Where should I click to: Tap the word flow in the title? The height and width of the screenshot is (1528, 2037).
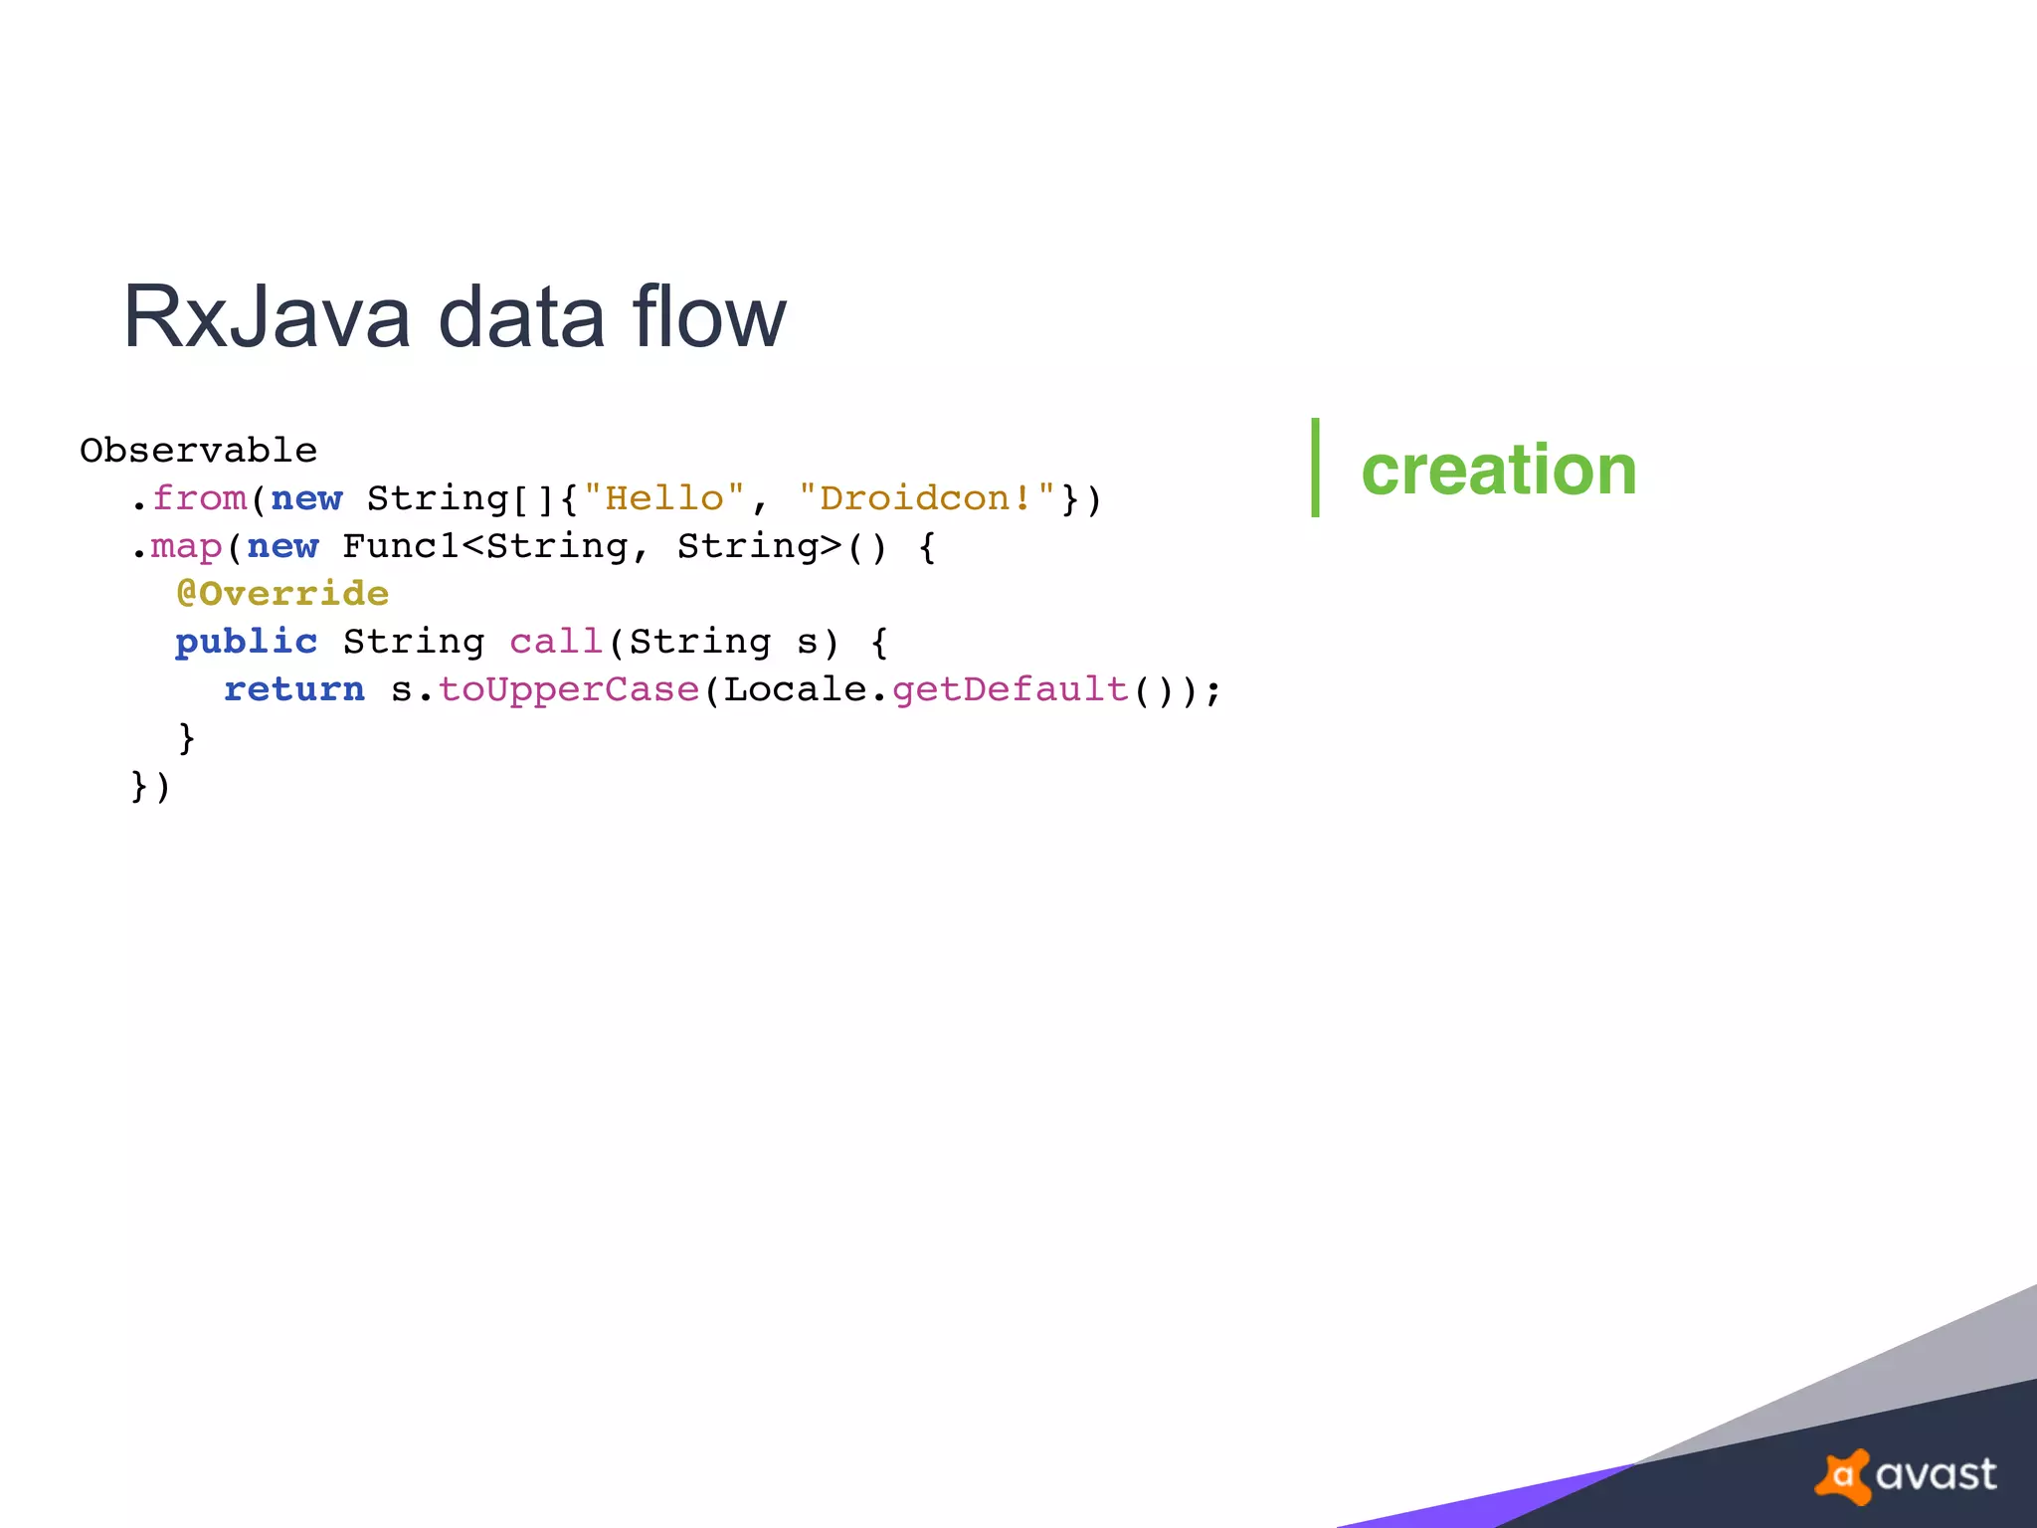pos(708,316)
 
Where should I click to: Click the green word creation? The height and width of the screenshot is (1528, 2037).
pos(1498,470)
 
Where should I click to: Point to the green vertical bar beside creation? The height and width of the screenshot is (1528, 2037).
pos(1315,468)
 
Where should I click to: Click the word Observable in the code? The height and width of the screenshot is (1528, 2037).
pos(198,451)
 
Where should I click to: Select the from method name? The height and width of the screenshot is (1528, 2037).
pos(199,498)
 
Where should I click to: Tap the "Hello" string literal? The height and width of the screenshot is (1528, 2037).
pos(663,498)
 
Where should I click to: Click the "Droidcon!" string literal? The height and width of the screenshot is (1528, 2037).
pos(927,498)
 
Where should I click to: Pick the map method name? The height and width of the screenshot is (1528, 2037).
pos(186,546)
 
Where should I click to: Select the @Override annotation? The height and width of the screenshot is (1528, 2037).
pos(282,594)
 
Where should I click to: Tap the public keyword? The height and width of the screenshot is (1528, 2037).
pos(247,642)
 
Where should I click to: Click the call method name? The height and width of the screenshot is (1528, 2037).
pos(557,642)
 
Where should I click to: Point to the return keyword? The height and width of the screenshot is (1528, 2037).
pos(294,689)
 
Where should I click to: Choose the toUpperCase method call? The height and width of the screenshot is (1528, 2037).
pos(569,689)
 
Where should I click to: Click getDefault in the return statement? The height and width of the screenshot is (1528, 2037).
pos(1011,689)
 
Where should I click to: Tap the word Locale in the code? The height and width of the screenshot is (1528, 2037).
pos(795,689)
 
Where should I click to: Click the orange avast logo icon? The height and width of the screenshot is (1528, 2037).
pos(1843,1475)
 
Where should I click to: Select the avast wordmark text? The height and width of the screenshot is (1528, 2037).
pos(1936,1475)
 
